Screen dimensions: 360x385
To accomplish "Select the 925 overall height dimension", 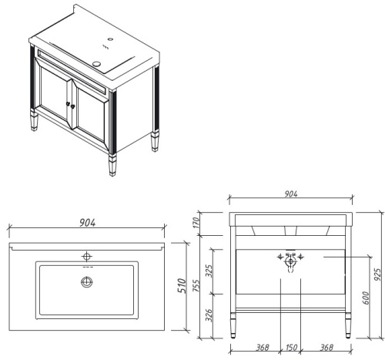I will pyautogui.click(x=377, y=274).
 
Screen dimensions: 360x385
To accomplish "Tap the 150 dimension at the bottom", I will pyautogui.click(x=291, y=348).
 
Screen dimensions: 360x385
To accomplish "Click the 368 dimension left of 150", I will pyautogui.click(x=262, y=348).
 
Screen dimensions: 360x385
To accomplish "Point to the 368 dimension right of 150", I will pyautogui.click(x=320, y=348).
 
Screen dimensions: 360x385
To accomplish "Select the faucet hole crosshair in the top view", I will pyautogui.click(x=86, y=254).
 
